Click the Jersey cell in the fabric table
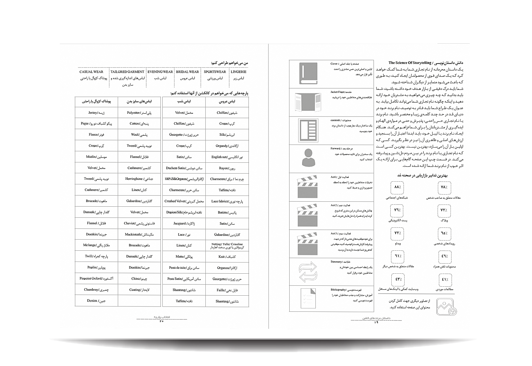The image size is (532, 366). coord(96,112)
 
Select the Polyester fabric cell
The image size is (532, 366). coord(139,113)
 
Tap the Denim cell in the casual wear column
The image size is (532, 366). coord(96,301)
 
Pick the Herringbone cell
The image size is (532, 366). coord(139,179)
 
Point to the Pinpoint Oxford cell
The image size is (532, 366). coord(96,279)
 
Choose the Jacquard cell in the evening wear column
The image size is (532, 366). coord(184,223)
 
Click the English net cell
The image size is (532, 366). coord(227,157)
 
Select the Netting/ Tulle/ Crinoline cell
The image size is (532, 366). coord(227,246)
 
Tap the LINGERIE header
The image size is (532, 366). coord(239,72)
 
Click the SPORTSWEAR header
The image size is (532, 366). coord(215,72)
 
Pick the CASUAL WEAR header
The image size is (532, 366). coord(91,72)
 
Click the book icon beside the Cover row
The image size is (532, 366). coord(308,73)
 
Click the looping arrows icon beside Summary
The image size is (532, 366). coord(308,272)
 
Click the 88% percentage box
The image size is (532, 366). coord(398,187)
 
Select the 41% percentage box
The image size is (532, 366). coord(445,280)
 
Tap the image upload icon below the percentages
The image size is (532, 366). coord(446,306)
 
